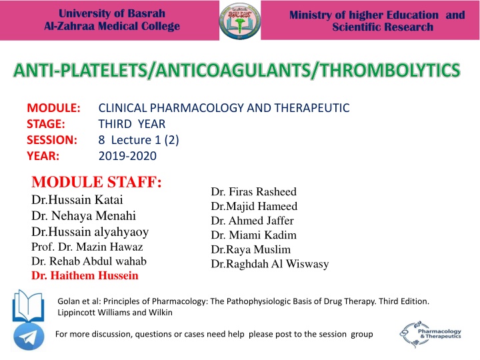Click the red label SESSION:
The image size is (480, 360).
click(x=53, y=139)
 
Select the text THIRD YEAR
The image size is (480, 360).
click(x=133, y=123)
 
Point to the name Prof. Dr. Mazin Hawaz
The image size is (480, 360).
click(x=83, y=247)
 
